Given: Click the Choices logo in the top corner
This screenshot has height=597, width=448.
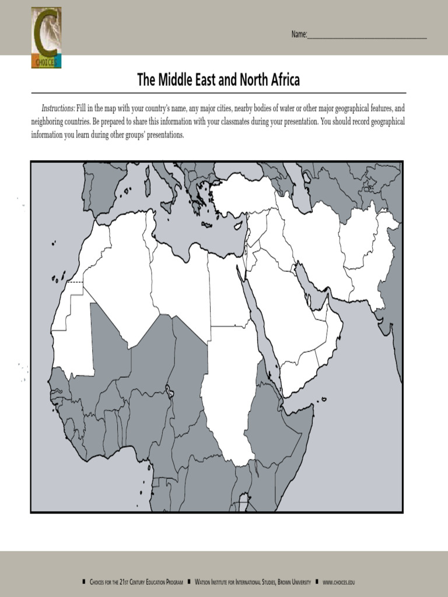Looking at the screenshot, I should [x=46, y=37].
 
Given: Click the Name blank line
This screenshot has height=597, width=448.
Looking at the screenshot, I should [x=367, y=37].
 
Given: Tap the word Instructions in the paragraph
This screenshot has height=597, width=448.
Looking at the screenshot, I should [x=58, y=109].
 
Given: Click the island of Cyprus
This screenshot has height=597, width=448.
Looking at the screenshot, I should [x=238, y=225].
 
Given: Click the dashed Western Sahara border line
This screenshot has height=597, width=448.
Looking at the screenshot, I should [x=75, y=282].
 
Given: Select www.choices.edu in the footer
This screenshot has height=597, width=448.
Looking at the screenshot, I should [x=338, y=582].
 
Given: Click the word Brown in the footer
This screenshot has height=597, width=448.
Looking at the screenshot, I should [x=283, y=582].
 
